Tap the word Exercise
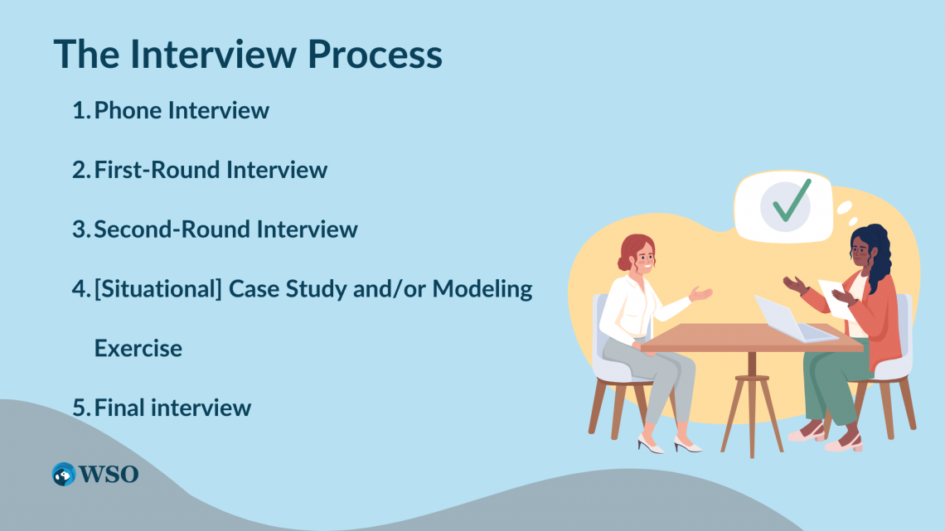(138, 348)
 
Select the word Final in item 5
(121, 408)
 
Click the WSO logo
(94, 474)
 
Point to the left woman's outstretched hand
(701, 293)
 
